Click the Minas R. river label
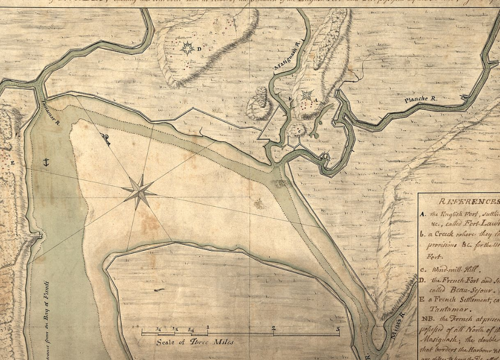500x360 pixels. coord(397,327)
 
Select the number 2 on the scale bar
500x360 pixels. coord(274,328)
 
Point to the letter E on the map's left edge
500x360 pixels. coord(12,163)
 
